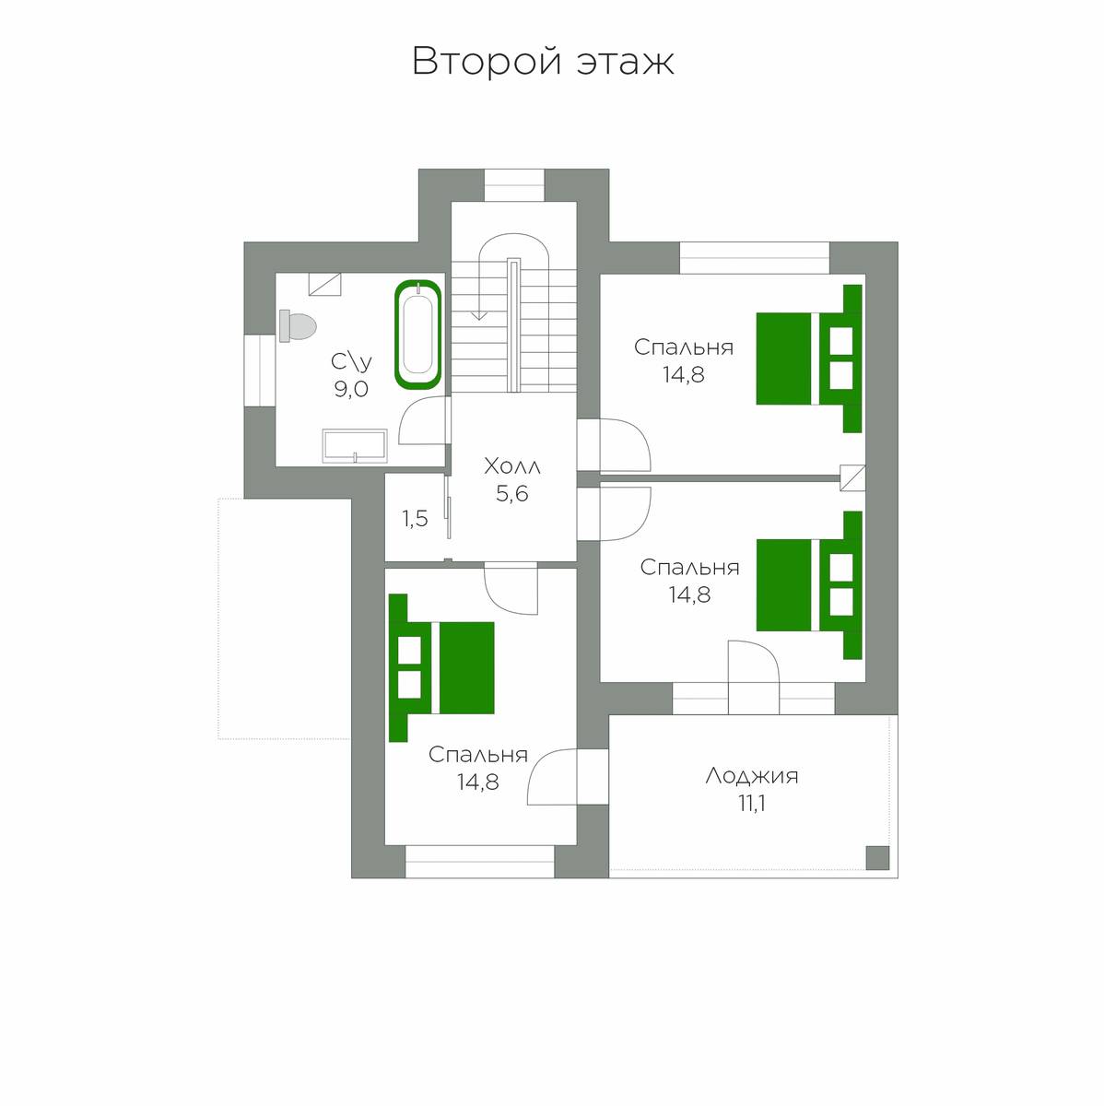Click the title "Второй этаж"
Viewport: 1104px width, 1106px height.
pyautogui.click(x=543, y=62)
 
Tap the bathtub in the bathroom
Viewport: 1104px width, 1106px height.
pyautogui.click(x=417, y=334)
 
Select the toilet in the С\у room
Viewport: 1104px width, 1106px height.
pyautogui.click(x=298, y=326)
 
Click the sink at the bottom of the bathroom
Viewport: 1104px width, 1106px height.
pyautogui.click(x=355, y=446)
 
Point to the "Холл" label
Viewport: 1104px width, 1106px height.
pyautogui.click(x=512, y=466)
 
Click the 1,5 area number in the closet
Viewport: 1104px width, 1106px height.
pyautogui.click(x=415, y=519)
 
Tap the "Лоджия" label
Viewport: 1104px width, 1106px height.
pyautogui.click(x=751, y=777)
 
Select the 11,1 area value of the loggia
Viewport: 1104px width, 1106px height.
pyautogui.click(x=751, y=804)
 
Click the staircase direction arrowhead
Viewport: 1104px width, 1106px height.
pyautogui.click(x=479, y=314)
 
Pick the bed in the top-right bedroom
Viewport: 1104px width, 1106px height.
pyautogui.click(x=809, y=359)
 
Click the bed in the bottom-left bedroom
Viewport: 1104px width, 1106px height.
pyautogui.click(x=441, y=667)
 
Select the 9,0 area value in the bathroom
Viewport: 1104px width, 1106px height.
pyautogui.click(x=351, y=390)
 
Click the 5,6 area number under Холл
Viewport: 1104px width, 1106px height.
pyautogui.click(x=512, y=494)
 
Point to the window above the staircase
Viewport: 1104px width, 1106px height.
pyautogui.click(x=514, y=185)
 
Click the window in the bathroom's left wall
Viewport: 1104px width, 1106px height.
pyautogui.click(x=260, y=371)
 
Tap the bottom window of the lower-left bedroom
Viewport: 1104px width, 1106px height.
pyautogui.click(x=479, y=869)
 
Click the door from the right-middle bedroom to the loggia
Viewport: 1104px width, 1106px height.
pyautogui.click(x=753, y=677)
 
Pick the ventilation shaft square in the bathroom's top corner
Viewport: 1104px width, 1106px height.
pyautogui.click(x=325, y=284)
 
